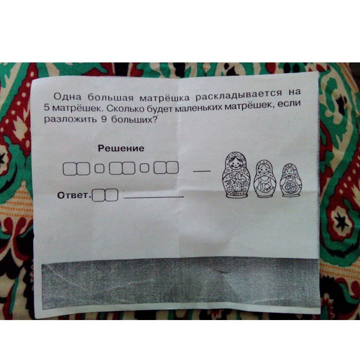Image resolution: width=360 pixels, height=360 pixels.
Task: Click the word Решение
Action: [121, 148]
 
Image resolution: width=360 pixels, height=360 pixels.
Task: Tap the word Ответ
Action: [73, 195]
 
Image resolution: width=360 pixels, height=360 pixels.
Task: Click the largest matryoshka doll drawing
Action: [236, 175]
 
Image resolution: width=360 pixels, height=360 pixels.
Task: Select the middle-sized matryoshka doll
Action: [265, 179]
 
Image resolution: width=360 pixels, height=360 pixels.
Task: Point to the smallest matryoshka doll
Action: [291, 180]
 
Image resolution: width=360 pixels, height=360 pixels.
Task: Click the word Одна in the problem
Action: [67, 96]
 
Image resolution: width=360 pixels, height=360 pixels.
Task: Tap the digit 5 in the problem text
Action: [47, 107]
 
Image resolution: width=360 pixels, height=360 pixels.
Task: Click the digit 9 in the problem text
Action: [104, 119]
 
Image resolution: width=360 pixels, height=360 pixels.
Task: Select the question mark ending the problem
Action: [154, 119]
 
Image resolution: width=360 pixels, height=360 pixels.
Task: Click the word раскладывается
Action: [238, 94]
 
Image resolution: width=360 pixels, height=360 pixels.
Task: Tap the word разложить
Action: [70, 120]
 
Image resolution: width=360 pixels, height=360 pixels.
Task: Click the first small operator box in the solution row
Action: [100, 168]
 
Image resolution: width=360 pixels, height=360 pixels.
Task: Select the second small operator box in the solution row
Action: [145, 168]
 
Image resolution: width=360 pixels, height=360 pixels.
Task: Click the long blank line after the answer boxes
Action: [154, 197]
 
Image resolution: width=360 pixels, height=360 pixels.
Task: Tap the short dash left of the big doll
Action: [202, 171]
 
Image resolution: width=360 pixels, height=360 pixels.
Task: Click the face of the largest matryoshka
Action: [235, 164]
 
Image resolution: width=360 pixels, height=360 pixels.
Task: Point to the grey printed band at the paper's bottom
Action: [181, 283]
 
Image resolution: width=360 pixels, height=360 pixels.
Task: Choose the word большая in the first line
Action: [111, 97]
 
